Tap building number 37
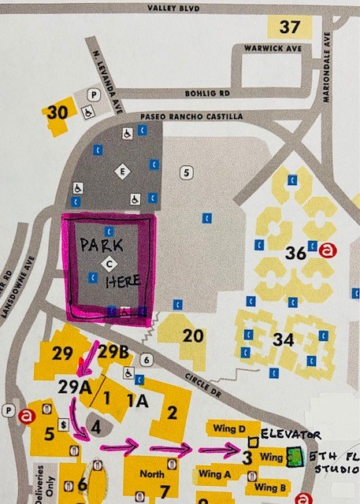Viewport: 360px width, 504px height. click(x=289, y=27)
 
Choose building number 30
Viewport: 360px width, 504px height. click(x=57, y=113)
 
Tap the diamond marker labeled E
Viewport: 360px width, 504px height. click(x=121, y=170)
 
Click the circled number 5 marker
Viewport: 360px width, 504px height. click(x=186, y=171)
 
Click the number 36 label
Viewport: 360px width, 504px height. click(x=295, y=253)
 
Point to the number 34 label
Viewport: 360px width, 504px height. click(x=283, y=339)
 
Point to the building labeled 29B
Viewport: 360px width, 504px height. click(x=113, y=351)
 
